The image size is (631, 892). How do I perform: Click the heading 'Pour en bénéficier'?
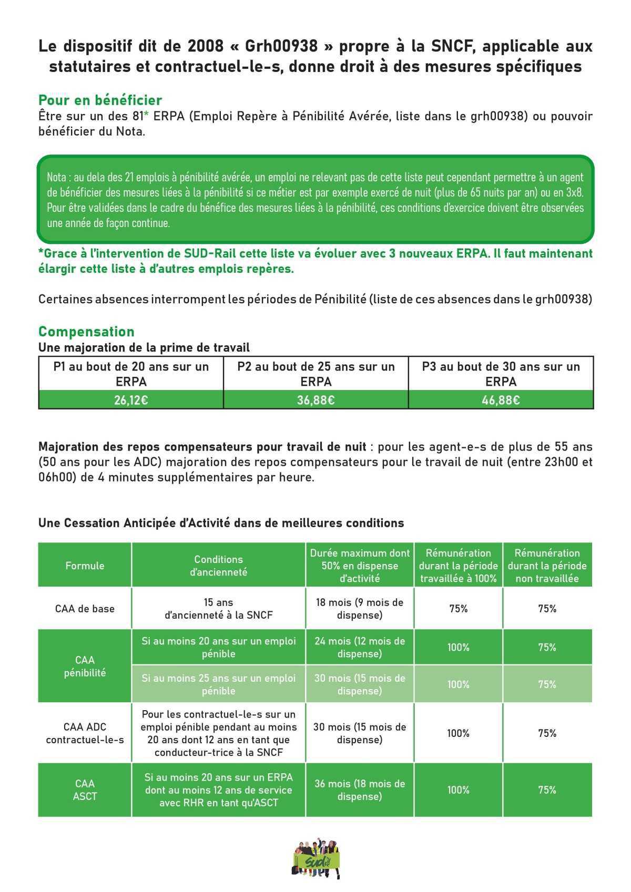click(x=100, y=100)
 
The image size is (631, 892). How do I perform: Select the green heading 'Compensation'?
click(x=86, y=332)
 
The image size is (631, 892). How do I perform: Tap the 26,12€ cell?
click(x=131, y=400)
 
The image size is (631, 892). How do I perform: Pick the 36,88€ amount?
click(x=315, y=400)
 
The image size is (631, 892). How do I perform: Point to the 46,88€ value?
click(x=501, y=400)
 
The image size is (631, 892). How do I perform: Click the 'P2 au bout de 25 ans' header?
click(x=315, y=374)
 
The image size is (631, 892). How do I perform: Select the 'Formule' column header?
click(x=85, y=566)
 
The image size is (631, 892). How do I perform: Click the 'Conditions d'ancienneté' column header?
click(x=218, y=566)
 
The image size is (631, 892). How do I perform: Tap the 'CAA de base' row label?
click(x=85, y=609)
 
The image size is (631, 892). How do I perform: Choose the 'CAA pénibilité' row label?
click(x=85, y=667)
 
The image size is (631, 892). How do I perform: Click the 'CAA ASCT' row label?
click(x=85, y=790)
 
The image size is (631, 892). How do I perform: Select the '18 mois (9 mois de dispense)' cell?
click(x=360, y=609)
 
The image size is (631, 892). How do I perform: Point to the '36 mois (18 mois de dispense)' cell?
click(x=360, y=790)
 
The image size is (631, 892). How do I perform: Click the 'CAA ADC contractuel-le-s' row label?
click(x=85, y=733)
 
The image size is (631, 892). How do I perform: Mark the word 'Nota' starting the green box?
click(x=56, y=178)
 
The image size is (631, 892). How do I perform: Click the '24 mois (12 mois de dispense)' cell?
click(x=360, y=648)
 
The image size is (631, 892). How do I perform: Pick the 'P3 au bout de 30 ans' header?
click(x=501, y=374)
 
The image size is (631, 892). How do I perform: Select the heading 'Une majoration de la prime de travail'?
click(x=144, y=347)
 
